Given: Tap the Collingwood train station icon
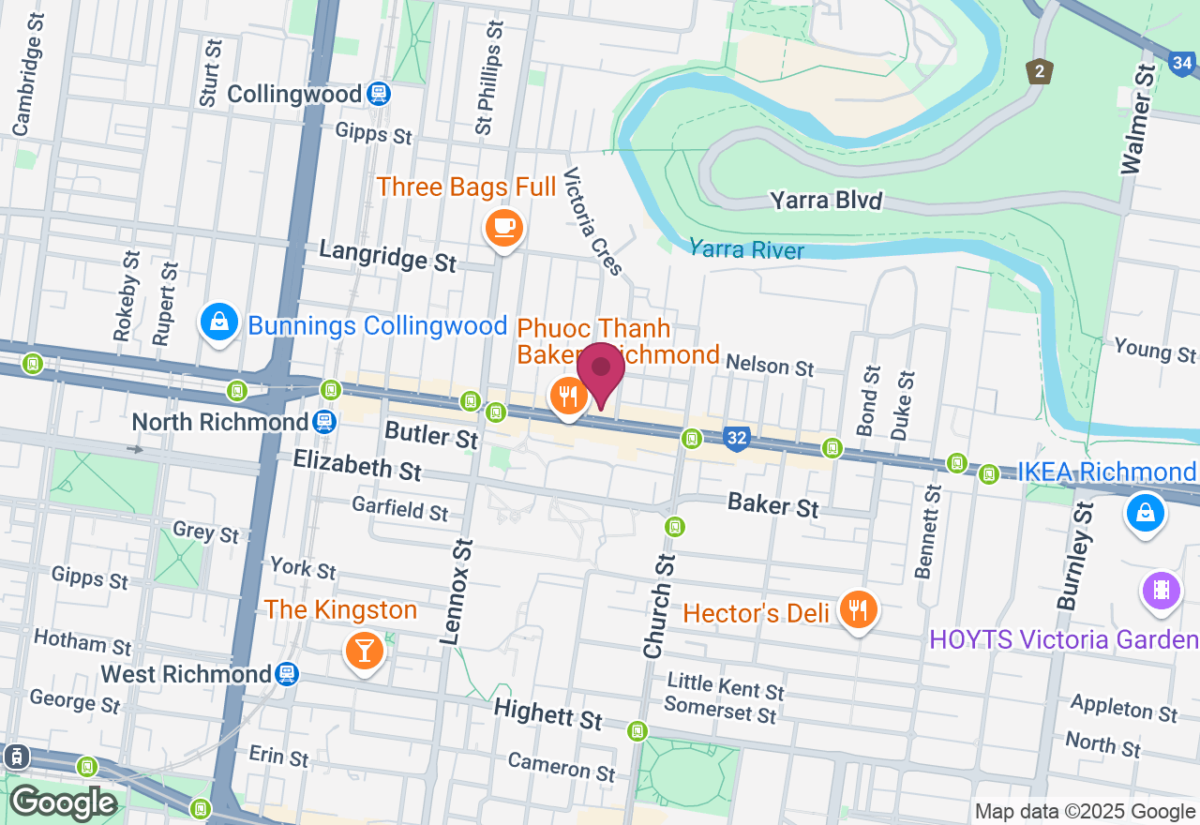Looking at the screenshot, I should (379, 94).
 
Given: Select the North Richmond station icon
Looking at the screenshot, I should (325, 421).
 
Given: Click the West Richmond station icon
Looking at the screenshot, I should (287, 674).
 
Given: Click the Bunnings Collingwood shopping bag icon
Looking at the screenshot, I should (218, 322).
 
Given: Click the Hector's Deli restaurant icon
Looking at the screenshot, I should (858, 610).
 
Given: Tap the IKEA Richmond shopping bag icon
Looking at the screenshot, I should (1145, 513).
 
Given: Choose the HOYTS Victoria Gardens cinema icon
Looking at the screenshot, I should (1161, 591).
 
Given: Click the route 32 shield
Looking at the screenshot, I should (737, 438).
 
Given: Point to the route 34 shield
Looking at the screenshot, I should (1183, 64).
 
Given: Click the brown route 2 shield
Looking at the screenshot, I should (1039, 71).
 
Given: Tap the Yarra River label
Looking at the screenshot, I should (746, 249).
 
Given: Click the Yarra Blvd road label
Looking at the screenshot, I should (826, 200).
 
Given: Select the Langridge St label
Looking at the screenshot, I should (387, 255).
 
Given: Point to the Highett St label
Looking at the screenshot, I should (548, 714).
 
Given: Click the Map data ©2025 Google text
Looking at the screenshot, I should (1085, 812).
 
